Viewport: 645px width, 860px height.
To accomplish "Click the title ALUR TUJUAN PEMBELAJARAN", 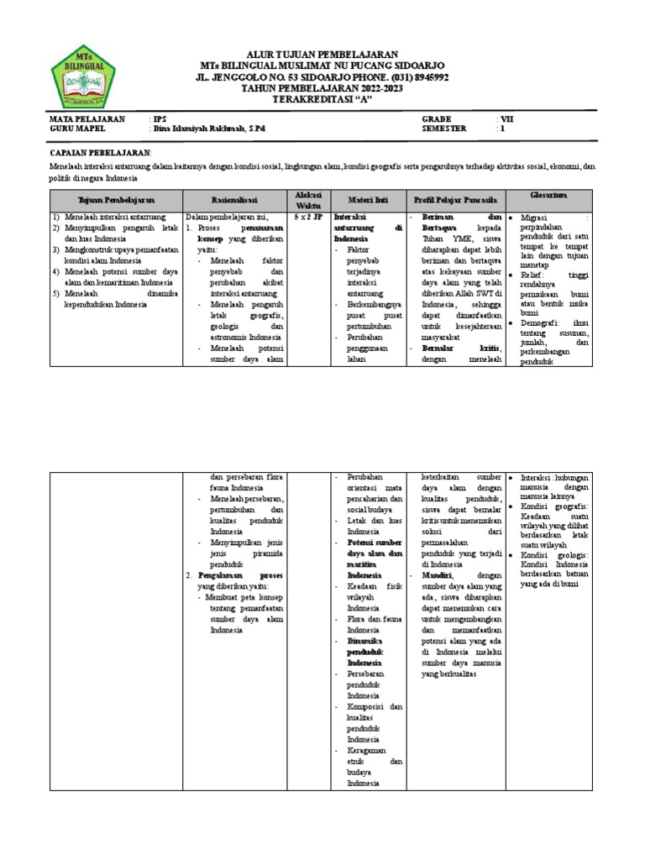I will (x=322, y=55).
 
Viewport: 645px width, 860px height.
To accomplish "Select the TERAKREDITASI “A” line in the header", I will (x=322, y=98).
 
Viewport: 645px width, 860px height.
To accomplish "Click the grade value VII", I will (x=506, y=119).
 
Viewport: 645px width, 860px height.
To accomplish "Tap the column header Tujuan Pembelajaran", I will (x=116, y=201).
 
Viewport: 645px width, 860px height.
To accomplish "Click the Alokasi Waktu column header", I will (x=304, y=200).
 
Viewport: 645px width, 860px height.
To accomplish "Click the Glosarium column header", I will (x=549, y=196).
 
